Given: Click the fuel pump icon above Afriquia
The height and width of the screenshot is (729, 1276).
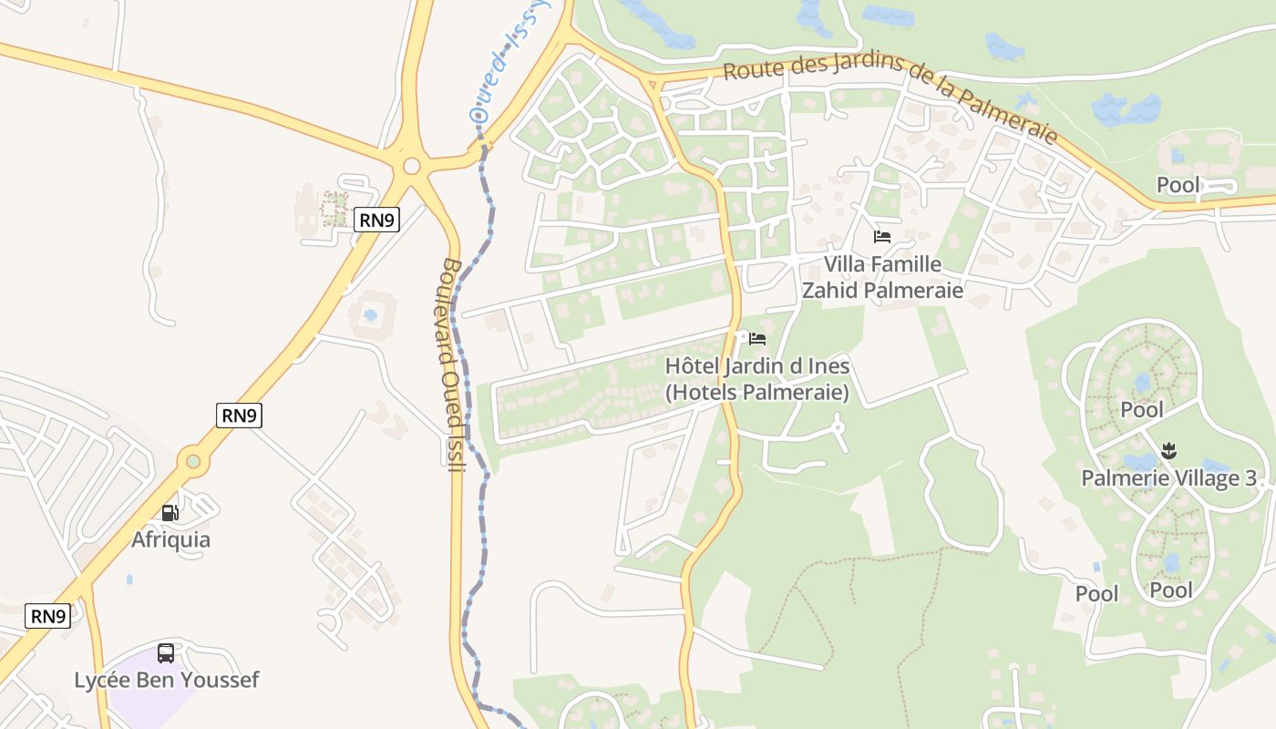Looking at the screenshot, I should (170, 513).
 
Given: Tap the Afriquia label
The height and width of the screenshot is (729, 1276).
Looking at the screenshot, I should (170, 539).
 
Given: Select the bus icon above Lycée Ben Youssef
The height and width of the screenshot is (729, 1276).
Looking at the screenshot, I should (166, 652).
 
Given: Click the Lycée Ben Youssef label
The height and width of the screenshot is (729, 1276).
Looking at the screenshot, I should (167, 680).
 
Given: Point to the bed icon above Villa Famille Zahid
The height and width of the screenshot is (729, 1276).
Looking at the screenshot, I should (881, 237).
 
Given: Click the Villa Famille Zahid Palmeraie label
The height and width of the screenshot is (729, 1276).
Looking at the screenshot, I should (881, 277).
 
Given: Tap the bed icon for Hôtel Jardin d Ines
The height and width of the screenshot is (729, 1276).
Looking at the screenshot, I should (756, 339).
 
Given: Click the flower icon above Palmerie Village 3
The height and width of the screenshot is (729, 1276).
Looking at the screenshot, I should (1169, 449).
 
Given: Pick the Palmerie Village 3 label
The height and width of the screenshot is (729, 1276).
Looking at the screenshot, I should (1168, 477).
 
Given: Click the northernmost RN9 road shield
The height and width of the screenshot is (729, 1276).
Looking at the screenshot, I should (376, 219).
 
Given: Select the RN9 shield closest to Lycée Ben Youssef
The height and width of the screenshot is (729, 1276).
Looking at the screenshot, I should (47, 616).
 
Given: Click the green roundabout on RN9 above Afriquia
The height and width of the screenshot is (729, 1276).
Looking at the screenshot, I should (193, 461).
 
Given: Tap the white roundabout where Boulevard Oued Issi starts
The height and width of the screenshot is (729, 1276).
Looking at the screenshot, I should (411, 166).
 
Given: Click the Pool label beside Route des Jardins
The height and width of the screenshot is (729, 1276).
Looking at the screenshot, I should (1178, 185).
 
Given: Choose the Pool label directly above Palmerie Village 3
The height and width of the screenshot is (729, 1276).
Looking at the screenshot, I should (1142, 409).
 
